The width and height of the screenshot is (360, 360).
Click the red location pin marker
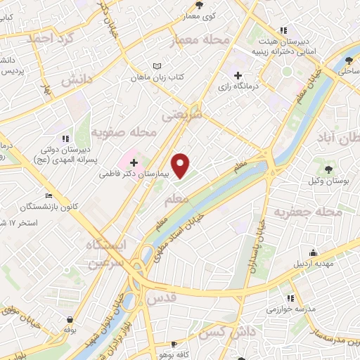pos(181,166)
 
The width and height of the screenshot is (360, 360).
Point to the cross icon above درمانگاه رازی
pos(238,75)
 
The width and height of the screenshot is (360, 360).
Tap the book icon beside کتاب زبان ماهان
pos(156,66)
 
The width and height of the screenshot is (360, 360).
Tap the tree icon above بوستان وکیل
pos(328,168)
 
